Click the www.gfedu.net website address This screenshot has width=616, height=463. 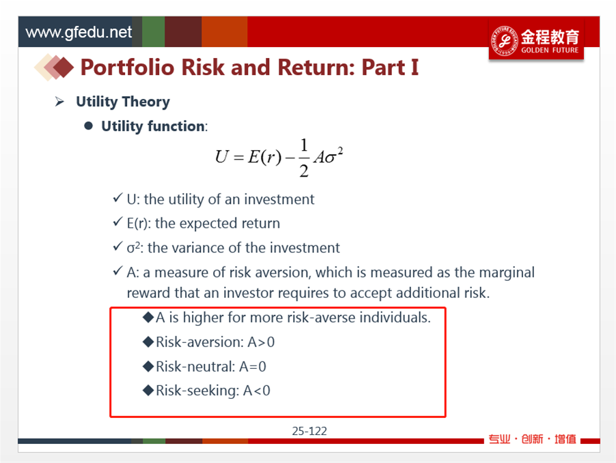79,33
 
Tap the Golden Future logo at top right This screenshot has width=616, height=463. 536,40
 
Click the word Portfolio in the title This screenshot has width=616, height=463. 128,67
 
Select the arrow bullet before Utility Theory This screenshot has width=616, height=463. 59,102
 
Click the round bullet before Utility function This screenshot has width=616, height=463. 88,125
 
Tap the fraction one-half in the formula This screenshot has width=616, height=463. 304,158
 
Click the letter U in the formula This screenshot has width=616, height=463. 221,157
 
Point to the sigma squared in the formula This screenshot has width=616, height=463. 335,155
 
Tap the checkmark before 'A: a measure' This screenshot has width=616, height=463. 118,271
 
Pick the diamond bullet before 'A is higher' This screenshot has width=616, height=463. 148,317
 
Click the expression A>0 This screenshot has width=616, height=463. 261,342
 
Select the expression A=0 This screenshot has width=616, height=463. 253,366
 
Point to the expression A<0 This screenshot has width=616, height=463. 257,391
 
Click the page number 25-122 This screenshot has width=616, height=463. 309,431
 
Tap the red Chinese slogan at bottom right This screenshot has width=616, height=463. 532,439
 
